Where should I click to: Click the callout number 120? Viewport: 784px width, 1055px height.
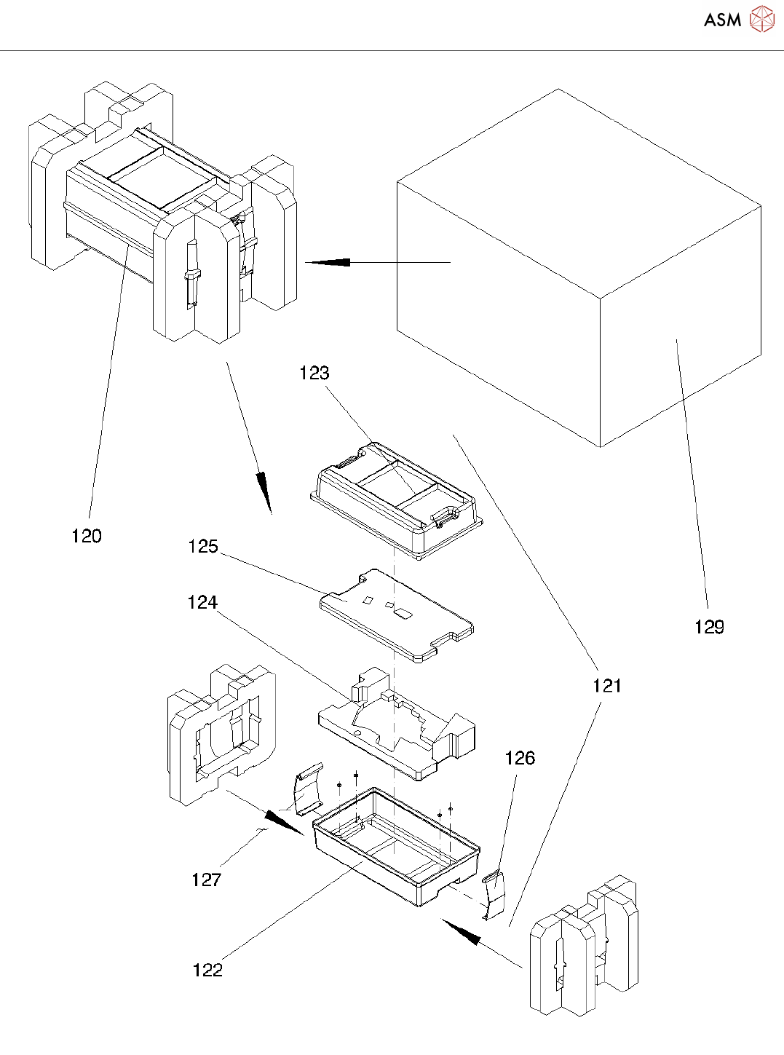tap(87, 536)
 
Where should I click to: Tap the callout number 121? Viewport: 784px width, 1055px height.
tap(607, 686)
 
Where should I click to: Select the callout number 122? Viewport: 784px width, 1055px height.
tap(207, 970)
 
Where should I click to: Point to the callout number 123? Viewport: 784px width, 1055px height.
tap(314, 374)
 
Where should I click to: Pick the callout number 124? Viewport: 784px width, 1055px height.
tap(202, 603)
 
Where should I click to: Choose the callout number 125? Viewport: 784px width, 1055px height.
tap(203, 547)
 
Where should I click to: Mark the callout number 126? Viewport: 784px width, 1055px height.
tap(520, 758)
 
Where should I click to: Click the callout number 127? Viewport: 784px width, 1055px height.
tap(207, 880)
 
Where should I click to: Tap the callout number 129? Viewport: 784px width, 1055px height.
tap(709, 628)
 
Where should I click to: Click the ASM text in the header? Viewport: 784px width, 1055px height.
tap(723, 20)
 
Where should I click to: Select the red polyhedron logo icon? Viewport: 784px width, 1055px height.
tap(762, 19)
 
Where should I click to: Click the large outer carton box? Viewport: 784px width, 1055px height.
tap(579, 268)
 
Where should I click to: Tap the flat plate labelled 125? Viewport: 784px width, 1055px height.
tap(397, 615)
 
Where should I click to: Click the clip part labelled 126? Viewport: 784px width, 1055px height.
tap(493, 894)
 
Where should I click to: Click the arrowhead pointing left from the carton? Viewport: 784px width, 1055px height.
tap(328, 262)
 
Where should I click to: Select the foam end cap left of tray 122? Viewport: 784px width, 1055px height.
tap(221, 735)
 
